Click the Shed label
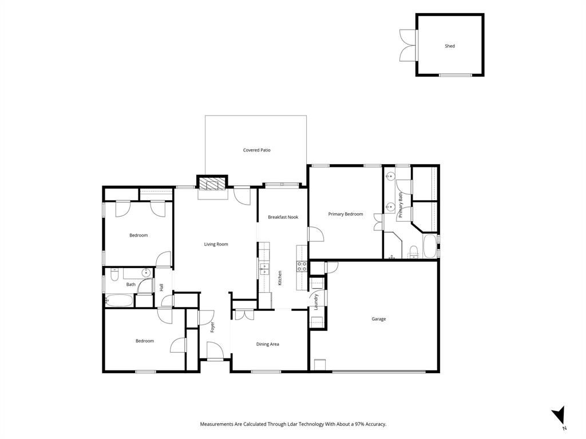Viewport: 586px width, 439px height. click(x=450, y=46)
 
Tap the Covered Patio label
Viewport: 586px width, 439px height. click(x=257, y=150)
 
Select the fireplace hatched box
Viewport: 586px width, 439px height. click(x=212, y=183)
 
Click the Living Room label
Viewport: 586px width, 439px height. click(x=216, y=244)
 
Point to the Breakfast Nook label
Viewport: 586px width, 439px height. click(x=283, y=217)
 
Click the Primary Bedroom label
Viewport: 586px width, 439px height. click(x=346, y=214)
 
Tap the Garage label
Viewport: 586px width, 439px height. click(x=379, y=319)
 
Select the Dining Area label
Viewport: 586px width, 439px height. click(x=268, y=344)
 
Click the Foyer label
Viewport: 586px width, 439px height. click(x=213, y=327)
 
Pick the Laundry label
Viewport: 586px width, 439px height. click(x=316, y=302)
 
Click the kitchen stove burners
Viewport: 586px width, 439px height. click(x=302, y=266)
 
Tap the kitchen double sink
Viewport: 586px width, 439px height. click(x=264, y=269)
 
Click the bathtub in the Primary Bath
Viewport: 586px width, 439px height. click(x=430, y=246)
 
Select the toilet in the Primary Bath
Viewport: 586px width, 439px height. click(x=413, y=252)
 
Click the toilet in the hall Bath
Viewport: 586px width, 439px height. click(x=114, y=275)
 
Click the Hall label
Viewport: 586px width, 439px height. click(x=161, y=288)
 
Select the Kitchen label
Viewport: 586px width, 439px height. click(x=279, y=278)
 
